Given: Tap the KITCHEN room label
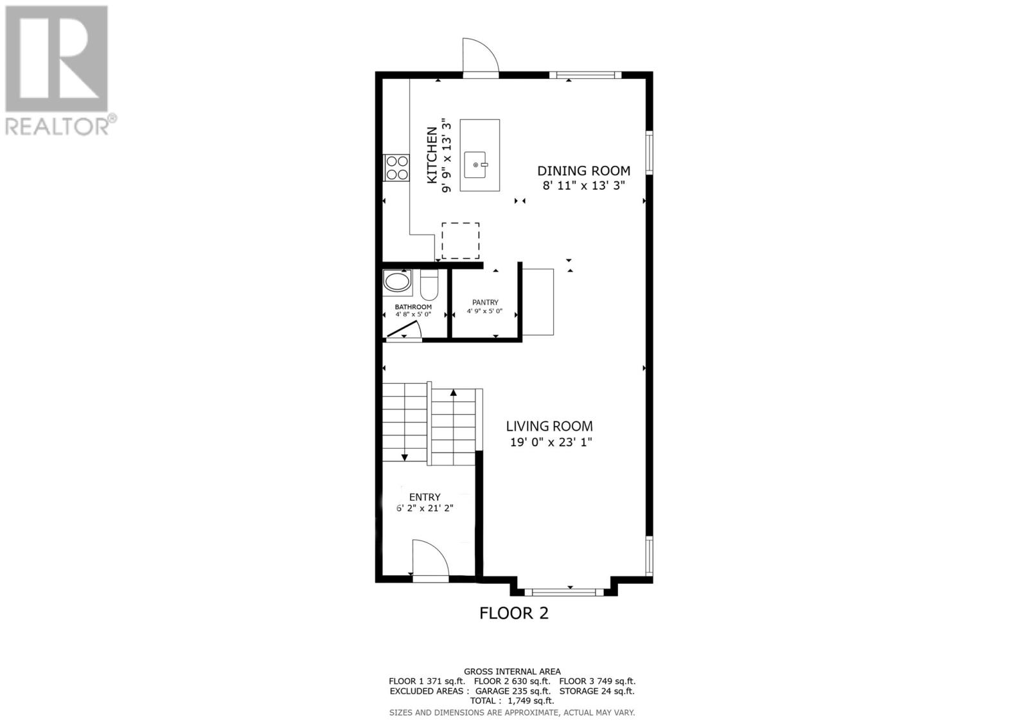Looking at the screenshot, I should [x=432, y=155].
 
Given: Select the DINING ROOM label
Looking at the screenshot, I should [x=583, y=171].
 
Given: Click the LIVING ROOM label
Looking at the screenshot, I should [x=549, y=426].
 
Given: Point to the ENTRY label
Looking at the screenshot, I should [x=425, y=497].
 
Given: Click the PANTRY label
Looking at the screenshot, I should [x=485, y=302].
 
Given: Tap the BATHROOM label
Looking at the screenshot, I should [x=413, y=307].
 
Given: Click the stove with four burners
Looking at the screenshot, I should [x=396, y=167].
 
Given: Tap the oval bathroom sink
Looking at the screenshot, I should [x=396, y=282].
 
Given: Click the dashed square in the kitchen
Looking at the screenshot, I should [x=460, y=241].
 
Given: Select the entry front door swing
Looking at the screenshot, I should [x=429, y=559].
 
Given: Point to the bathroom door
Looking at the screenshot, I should [x=403, y=329].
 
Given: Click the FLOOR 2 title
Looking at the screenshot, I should [x=514, y=613].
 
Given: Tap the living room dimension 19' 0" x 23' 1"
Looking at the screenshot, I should [x=549, y=442].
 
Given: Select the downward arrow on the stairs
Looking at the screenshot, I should [x=405, y=457].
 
